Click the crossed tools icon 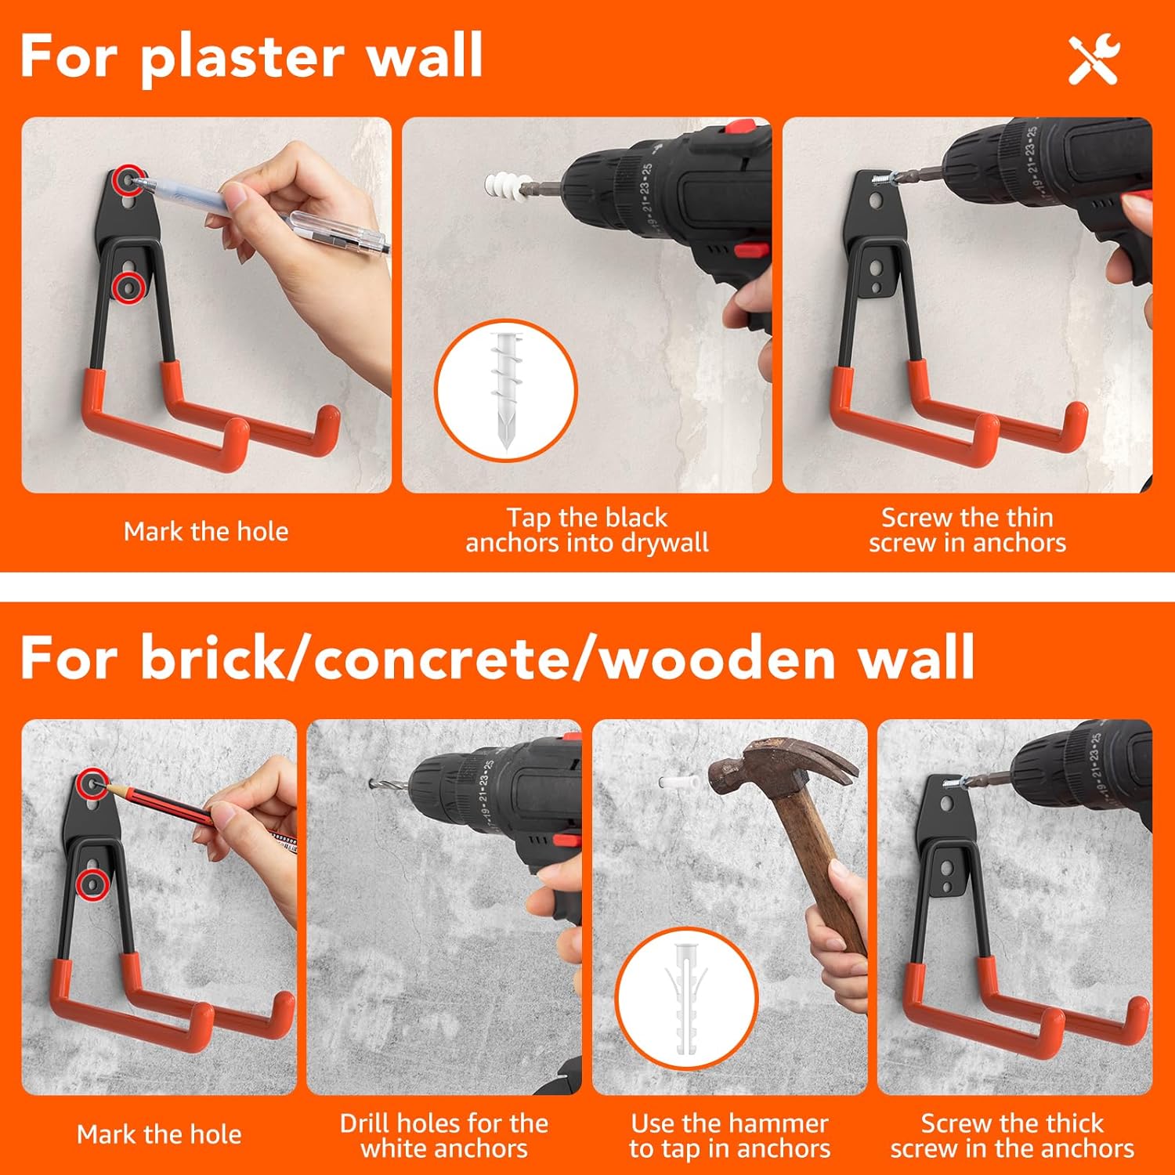tap(1094, 60)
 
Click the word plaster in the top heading tap(242, 56)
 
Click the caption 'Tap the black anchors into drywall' tap(587, 530)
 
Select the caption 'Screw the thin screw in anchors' tap(967, 530)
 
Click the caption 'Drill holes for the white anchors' tap(444, 1136)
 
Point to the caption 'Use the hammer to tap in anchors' tap(729, 1136)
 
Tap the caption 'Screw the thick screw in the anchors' tap(1012, 1136)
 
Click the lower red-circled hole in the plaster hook tap(128, 287)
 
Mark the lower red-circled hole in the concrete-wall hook tap(93, 883)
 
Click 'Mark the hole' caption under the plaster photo tap(206, 532)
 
